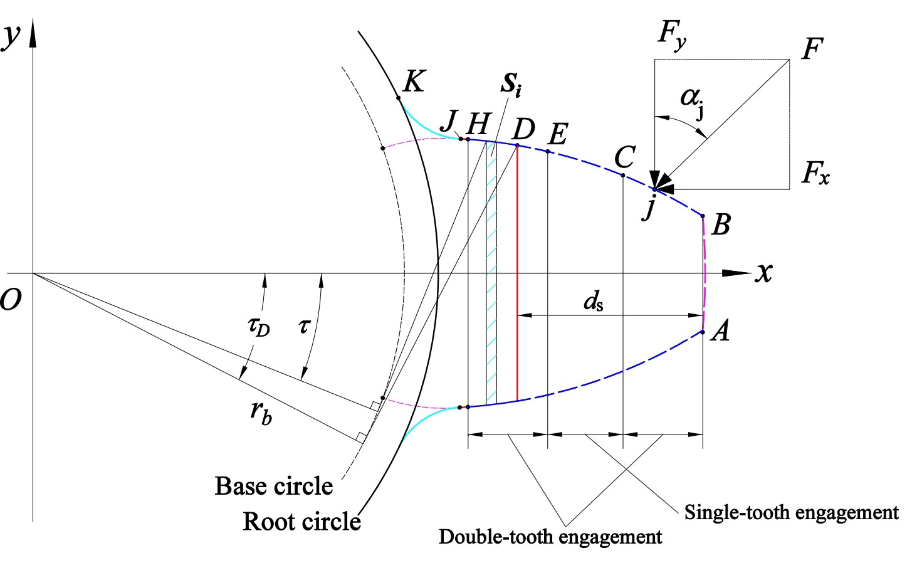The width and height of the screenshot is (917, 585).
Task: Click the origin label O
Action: (11, 300)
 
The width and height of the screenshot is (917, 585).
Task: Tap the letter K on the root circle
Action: (414, 82)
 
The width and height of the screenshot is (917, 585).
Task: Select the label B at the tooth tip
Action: (721, 224)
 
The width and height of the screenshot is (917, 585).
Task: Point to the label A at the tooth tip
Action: (721, 330)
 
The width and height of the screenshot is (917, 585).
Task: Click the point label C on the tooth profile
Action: (625, 157)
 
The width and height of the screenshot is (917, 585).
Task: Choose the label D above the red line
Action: (523, 130)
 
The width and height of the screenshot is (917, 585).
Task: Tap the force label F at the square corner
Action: (812, 49)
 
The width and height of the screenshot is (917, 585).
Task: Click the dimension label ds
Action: (594, 303)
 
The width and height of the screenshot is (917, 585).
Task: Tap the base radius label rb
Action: (261, 412)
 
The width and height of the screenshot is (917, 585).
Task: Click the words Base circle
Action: (273, 486)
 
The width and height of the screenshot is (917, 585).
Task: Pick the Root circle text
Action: (301, 521)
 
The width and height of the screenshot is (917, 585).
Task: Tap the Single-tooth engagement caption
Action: (791, 512)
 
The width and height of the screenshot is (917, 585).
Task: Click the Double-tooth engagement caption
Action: (550, 537)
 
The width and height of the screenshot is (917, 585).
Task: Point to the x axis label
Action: (763, 272)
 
